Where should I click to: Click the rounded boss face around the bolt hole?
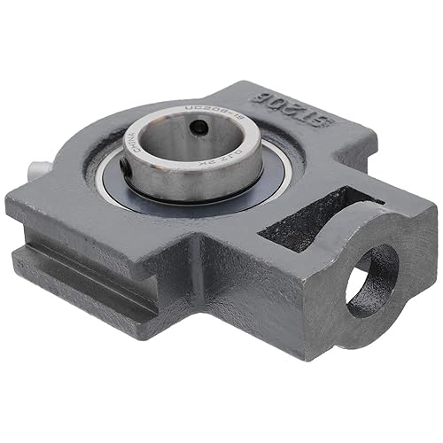394,266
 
